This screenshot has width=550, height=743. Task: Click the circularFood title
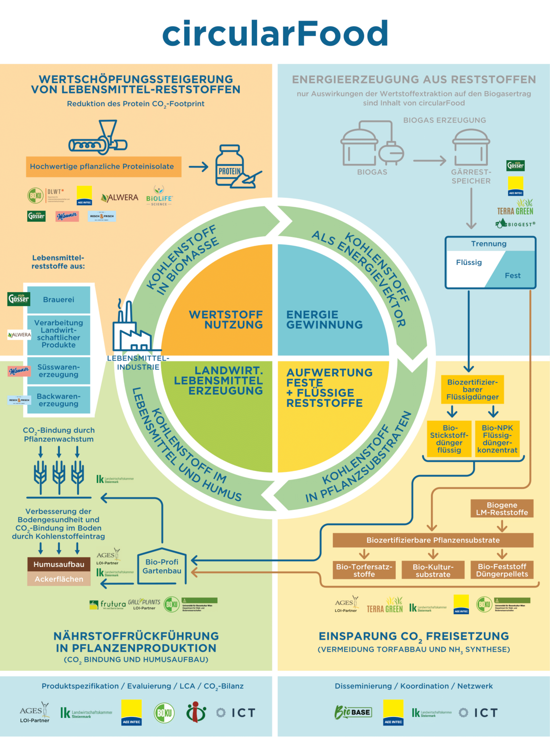click(275, 33)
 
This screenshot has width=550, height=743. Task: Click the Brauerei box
click(59, 299)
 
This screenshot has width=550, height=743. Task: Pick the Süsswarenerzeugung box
click(59, 371)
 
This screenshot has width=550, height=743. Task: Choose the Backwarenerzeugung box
click(59, 400)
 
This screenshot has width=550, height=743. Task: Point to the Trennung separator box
click(490, 262)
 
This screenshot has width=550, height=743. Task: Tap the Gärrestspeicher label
click(471, 176)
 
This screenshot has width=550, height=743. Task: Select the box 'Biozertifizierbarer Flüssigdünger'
click(472, 389)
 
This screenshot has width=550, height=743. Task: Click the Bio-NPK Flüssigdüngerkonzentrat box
click(497, 439)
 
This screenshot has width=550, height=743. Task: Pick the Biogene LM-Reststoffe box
click(502, 509)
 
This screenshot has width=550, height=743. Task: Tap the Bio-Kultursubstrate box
click(433, 570)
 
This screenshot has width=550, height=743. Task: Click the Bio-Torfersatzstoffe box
click(364, 570)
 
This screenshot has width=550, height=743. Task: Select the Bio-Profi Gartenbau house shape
click(162, 566)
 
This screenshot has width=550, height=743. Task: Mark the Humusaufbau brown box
click(59, 564)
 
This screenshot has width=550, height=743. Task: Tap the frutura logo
click(107, 604)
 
